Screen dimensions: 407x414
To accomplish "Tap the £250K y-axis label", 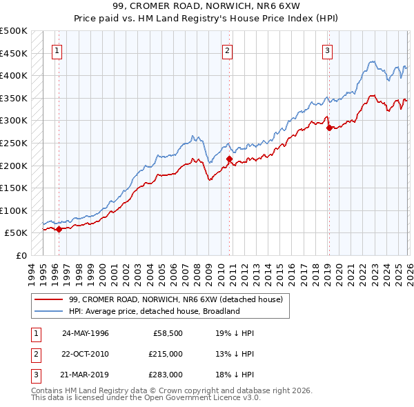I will [14, 143].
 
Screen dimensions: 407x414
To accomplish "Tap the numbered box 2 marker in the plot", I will [228, 50].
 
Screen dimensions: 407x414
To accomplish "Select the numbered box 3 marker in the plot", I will [327, 50].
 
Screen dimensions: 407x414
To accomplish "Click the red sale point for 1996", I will [59, 230].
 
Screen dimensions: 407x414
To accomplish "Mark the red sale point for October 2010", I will [229, 159].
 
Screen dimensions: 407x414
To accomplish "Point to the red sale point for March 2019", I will [328, 128].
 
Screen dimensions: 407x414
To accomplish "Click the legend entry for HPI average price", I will [153, 311].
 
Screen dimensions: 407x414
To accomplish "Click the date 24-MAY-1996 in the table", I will [86, 332].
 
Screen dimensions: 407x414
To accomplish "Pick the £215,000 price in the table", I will [166, 354].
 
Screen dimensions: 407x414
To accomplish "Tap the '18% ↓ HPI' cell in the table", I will [235, 375].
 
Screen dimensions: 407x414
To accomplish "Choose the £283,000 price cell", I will [166, 375].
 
